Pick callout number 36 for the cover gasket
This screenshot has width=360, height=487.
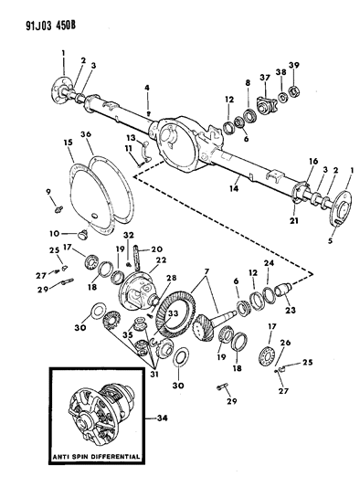click(x=87, y=136)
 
